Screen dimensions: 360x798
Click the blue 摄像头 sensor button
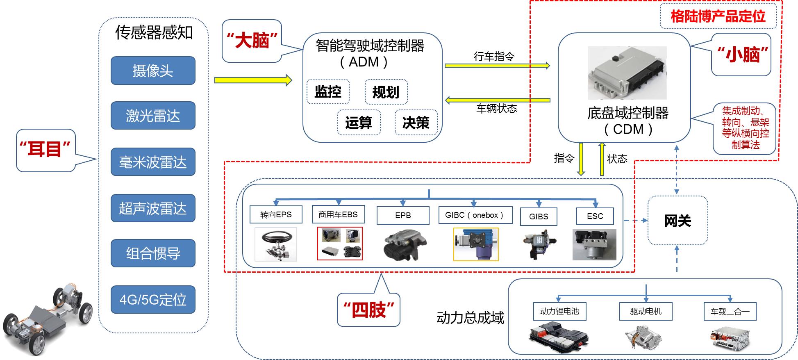coord(153,71)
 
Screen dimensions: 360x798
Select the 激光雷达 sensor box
coord(153,116)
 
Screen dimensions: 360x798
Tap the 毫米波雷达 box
coord(153,162)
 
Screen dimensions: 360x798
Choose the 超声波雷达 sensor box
coord(153,208)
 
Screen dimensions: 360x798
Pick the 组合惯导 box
coord(153,253)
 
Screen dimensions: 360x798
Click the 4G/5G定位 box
coord(153,300)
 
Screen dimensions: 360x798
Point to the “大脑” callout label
coord(252,41)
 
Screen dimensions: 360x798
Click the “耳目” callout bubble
coord(45,150)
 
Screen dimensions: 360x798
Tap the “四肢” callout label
coord(368,310)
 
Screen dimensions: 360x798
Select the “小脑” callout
coord(741,55)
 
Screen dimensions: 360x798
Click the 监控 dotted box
coord(328,91)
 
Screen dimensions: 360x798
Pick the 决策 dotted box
coord(416,123)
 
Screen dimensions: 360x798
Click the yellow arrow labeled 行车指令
coord(497,65)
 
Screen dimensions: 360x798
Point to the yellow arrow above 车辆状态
coord(497,100)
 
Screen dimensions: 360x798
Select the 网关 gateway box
coord(678,221)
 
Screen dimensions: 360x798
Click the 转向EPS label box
coord(276,214)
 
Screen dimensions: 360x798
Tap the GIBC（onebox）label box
coord(475,215)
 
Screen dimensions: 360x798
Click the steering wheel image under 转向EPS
coord(276,244)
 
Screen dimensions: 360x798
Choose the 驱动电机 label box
coord(646,311)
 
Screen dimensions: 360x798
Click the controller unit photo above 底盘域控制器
coord(627,73)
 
